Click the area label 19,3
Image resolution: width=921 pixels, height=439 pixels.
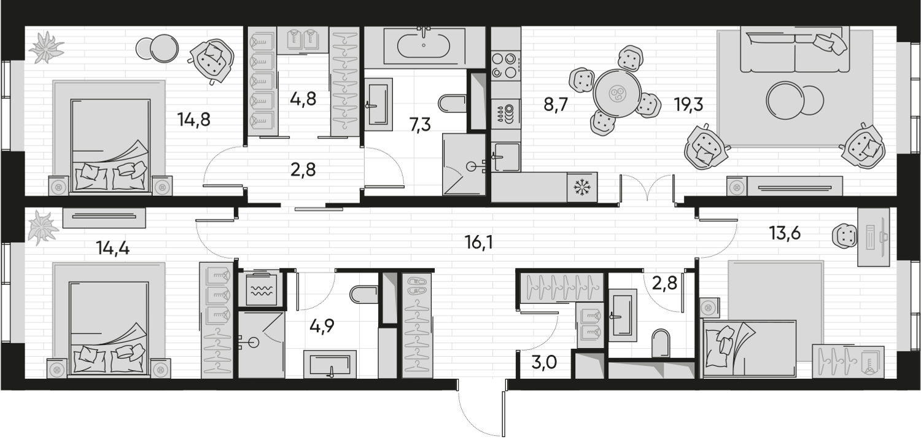pos(689,105)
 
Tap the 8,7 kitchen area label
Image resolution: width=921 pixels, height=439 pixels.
pos(556,105)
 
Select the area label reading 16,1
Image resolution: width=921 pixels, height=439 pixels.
pos(479,243)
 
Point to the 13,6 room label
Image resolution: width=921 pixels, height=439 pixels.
pos(785,233)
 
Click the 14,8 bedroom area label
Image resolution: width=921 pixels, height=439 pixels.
pos(193,120)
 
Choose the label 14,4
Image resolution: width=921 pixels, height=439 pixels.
pos(112,248)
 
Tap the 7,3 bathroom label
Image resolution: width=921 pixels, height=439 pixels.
pos(420,124)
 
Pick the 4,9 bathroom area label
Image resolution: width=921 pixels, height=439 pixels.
pos(322,326)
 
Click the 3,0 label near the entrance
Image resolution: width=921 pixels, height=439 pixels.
pos(545,363)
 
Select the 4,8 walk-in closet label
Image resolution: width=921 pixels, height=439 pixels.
pos(303,99)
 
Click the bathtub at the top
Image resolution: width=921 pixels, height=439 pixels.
pos(424,46)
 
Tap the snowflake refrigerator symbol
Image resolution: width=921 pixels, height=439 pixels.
pos(582,187)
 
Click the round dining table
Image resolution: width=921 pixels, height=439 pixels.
pos(617,94)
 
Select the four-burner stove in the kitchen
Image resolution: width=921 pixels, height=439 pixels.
pos(506,66)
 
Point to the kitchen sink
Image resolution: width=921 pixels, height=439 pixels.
pos(506,157)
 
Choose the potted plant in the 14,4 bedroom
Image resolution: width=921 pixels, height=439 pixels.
pos(42,227)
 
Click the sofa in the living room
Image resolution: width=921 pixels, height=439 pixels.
pos(795,50)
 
